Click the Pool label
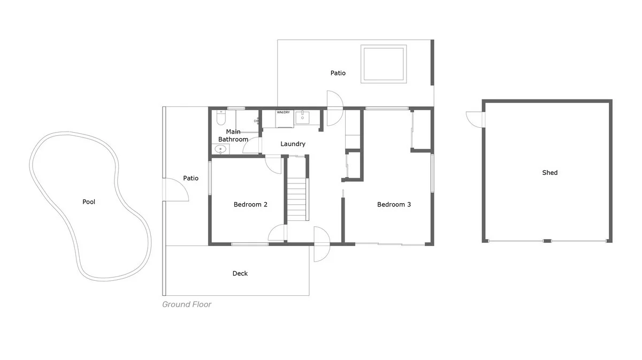89,202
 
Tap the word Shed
549,173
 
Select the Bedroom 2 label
250,204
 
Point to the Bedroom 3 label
394,204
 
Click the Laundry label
293,144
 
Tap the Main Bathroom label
233,135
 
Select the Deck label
240,274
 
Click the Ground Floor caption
187,305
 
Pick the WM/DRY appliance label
284,113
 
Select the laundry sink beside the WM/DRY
303,117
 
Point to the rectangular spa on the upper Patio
383,64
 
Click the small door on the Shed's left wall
475,119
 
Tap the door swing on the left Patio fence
176,189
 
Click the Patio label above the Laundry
338,73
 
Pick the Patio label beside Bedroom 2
191,178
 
